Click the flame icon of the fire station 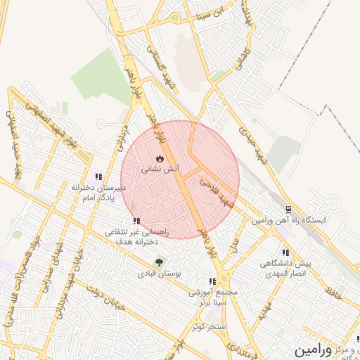point(160,158)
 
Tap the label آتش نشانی point(160,169)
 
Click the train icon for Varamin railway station point(288,210)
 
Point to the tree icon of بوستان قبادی point(159,262)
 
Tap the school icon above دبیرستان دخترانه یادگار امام point(98,177)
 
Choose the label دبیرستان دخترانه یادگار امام point(98,193)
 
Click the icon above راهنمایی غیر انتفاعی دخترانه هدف point(136,221)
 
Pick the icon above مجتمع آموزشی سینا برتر point(212,281)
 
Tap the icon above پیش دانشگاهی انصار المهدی point(285,252)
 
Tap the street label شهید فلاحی point(215,190)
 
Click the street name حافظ point(334,288)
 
